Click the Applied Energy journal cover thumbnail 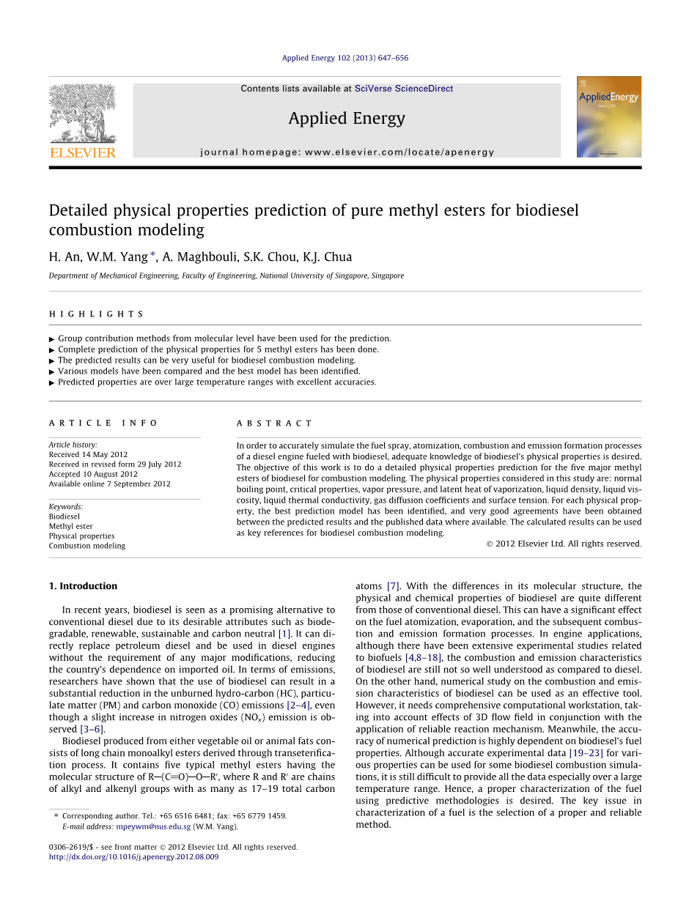[x=608, y=116]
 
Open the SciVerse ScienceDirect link [x=403, y=89]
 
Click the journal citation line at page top [x=344, y=58]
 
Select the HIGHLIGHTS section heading [x=96, y=314]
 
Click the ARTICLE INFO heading [x=103, y=423]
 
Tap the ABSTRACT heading [x=274, y=423]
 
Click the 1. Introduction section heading [x=83, y=586]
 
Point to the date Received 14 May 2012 [x=88, y=455]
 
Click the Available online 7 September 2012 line [x=109, y=484]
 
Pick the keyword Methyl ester [x=70, y=526]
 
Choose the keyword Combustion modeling [x=86, y=546]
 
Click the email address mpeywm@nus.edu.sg [x=153, y=826]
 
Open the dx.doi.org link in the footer [x=133, y=857]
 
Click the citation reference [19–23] [x=586, y=753]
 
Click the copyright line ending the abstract [x=563, y=544]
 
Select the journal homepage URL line [x=347, y=152]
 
